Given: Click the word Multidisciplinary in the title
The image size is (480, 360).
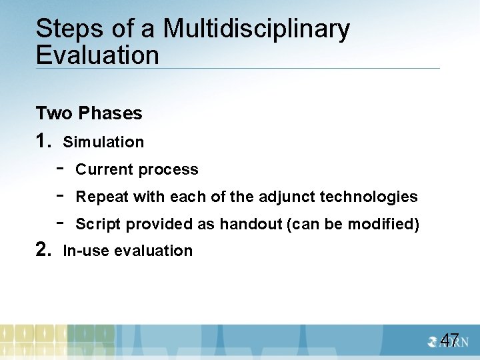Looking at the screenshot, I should [x=256, y=30].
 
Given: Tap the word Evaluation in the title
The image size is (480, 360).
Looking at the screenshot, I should [x=97, y=55].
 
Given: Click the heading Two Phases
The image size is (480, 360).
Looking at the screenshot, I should [x=89, y=113].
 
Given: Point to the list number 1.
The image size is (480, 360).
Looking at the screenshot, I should [x=44, y=141].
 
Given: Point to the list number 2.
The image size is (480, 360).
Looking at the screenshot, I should [x=44, y=251].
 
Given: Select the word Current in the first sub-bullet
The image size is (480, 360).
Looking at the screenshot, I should [x=105, y=169].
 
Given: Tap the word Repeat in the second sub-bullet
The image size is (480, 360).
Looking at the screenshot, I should [x=102, y=197].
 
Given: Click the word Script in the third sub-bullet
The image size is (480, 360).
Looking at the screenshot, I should [x=98, y=224].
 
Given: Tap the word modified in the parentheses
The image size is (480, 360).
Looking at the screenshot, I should [x=386, y=224].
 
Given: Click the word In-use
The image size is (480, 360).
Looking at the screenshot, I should [x=87, y=251].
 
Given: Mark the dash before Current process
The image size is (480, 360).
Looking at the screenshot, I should [x=60, y=169].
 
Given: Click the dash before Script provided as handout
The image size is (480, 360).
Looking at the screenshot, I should [x=60, y=223].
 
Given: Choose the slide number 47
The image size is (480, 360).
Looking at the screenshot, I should [x=449, y=341].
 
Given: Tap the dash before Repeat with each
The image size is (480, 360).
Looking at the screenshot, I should [x=60, y=196].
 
